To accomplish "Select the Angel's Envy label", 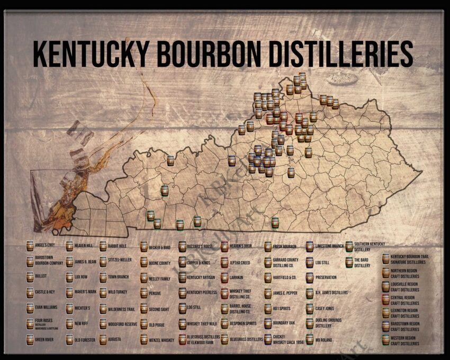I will (x=45, y=246).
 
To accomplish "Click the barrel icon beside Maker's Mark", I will (x=69, y=292).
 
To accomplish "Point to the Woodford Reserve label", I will (x=122, y=324).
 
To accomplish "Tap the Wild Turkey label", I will (x=118, y=292).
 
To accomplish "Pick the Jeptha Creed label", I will (x=240, y=262).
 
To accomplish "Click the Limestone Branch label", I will (x=329, y=246).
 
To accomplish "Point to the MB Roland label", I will (x=323, y=339).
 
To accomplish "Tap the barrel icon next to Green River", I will (x=30, y=339).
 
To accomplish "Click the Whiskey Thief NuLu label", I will (x=202, y=324).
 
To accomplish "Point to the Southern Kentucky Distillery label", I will (x=368, y=247).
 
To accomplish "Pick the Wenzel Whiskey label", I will (x=161, y=339).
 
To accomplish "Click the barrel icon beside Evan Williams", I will (x=30, y=308).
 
